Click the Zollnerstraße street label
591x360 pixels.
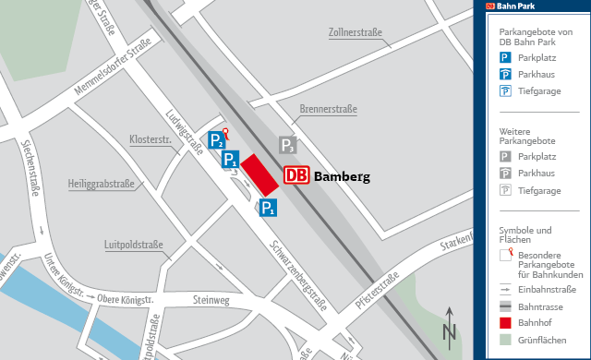[356, 33]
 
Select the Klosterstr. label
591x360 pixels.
[151, 139]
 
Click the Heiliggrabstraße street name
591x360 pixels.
[101, 185]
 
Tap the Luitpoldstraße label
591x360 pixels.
[133, 246]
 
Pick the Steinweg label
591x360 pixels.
[211, 300]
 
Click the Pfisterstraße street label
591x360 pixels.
[376, 291]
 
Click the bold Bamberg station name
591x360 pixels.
[342, 176]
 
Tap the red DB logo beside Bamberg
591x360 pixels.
[297, 175]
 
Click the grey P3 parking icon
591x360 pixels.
[288, 145]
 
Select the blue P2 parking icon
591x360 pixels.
[215, 141]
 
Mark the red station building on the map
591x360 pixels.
[259, 175]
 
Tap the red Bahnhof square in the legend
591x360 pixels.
[505, 323]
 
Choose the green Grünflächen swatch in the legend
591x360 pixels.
[505, 341]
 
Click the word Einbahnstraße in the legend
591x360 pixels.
[547, 289]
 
